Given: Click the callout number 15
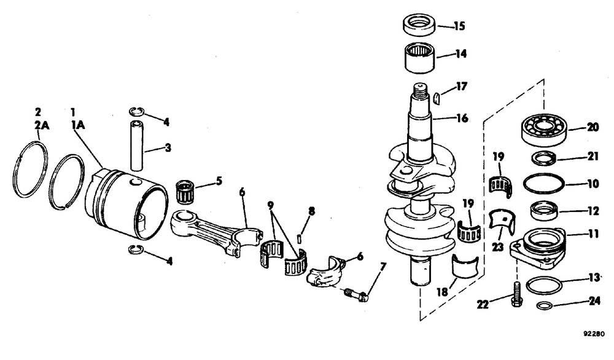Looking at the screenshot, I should (459, 27).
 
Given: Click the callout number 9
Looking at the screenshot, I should (271, 204).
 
